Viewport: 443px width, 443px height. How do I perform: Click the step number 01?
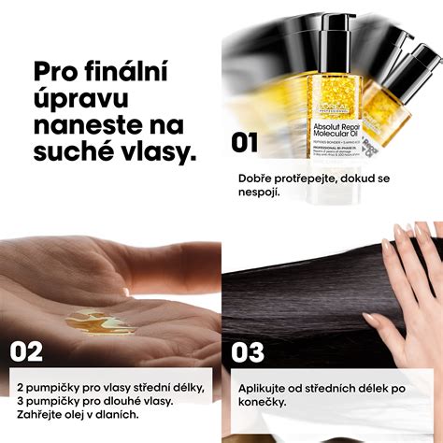[245, 142]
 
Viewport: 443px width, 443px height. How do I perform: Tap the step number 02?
[28, 352]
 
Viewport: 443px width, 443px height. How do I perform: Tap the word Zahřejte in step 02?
[43, 414]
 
